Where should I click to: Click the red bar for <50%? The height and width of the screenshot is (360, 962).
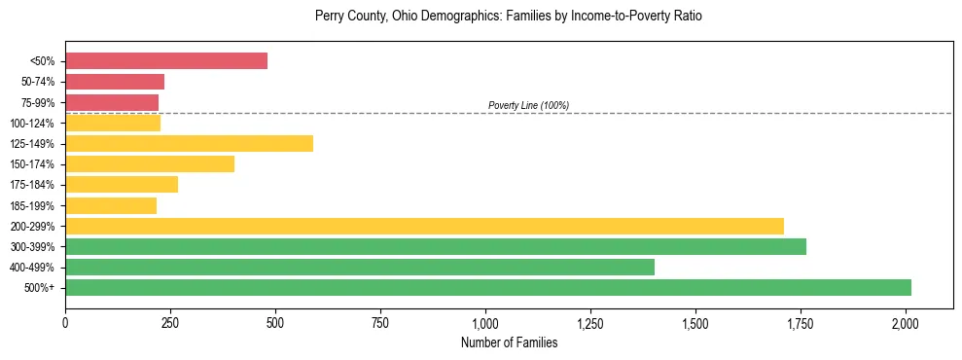pos(166,61)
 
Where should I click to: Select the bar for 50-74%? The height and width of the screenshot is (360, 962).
pos(115,82)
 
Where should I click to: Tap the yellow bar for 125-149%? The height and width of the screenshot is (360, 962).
pos(189,144)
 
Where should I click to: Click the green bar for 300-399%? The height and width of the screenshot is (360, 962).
pos(436,247)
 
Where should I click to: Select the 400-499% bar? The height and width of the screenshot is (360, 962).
pos(360,268)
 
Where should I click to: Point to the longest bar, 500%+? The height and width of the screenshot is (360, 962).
pos(488,288)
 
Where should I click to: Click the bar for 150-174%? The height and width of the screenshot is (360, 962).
pos(150,164)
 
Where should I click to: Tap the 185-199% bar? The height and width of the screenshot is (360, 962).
pos(111,205)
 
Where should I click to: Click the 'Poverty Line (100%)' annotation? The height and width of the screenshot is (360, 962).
pos(528,105)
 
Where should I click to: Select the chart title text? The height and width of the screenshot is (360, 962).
pos(509,17)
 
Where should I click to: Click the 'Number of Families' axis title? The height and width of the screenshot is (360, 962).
pos(509,342)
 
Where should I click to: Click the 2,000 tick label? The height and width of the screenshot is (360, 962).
pos(906,322)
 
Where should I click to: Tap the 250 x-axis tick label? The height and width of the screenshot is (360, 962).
pos(170,322)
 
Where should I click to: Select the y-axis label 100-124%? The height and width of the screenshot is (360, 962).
pos(33,124)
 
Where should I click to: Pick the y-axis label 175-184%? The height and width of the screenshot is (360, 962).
pos(33,185)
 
